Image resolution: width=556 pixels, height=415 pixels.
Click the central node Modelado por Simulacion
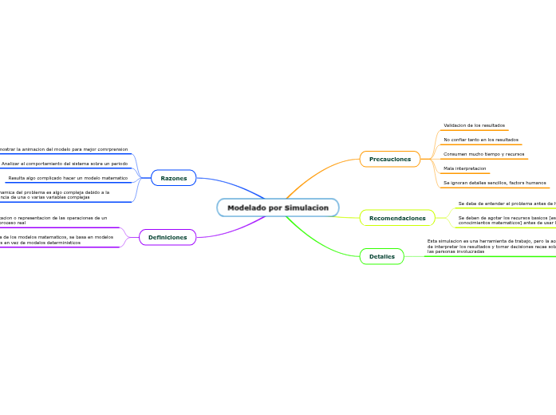coord(278,207)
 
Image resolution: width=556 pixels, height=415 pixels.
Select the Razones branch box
coord(174,178)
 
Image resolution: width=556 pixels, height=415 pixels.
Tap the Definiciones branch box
coord(168,237)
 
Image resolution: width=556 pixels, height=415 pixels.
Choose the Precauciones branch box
coord(390,159)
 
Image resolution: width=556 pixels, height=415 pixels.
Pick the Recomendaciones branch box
coord(397,218)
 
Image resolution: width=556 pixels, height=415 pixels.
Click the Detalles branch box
coord(382,256)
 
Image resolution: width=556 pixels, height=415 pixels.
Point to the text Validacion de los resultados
coord(474,125)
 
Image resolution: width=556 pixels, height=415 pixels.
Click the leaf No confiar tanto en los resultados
coord(480,140)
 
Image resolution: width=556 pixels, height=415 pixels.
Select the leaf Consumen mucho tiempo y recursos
coord(483,154)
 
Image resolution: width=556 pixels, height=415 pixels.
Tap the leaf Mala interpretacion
coord(464,168)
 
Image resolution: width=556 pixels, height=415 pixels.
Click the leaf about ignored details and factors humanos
coord(495,183)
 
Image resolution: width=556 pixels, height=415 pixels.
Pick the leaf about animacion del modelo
coord(64,149)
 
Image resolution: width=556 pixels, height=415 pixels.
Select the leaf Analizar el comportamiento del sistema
coord(65,164)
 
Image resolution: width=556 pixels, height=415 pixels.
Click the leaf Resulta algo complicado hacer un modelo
coord(68,178)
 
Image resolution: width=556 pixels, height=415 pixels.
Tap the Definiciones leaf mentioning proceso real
coord(53,220)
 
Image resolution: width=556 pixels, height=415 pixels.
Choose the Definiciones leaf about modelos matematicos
coord(56,239)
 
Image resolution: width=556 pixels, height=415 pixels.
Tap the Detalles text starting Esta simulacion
coord(491,246)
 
